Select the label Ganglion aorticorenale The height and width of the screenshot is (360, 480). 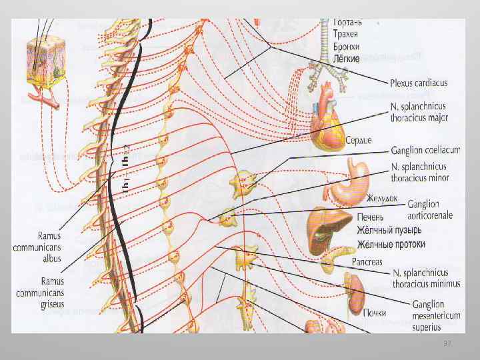tap(433, 210)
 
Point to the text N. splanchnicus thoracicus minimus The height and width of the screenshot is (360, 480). tap(426, 278)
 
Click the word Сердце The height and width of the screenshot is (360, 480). tap(359, 140)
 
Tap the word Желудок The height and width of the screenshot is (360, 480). tap(382, 199)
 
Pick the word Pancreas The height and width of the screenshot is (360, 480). tap(368, 262)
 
